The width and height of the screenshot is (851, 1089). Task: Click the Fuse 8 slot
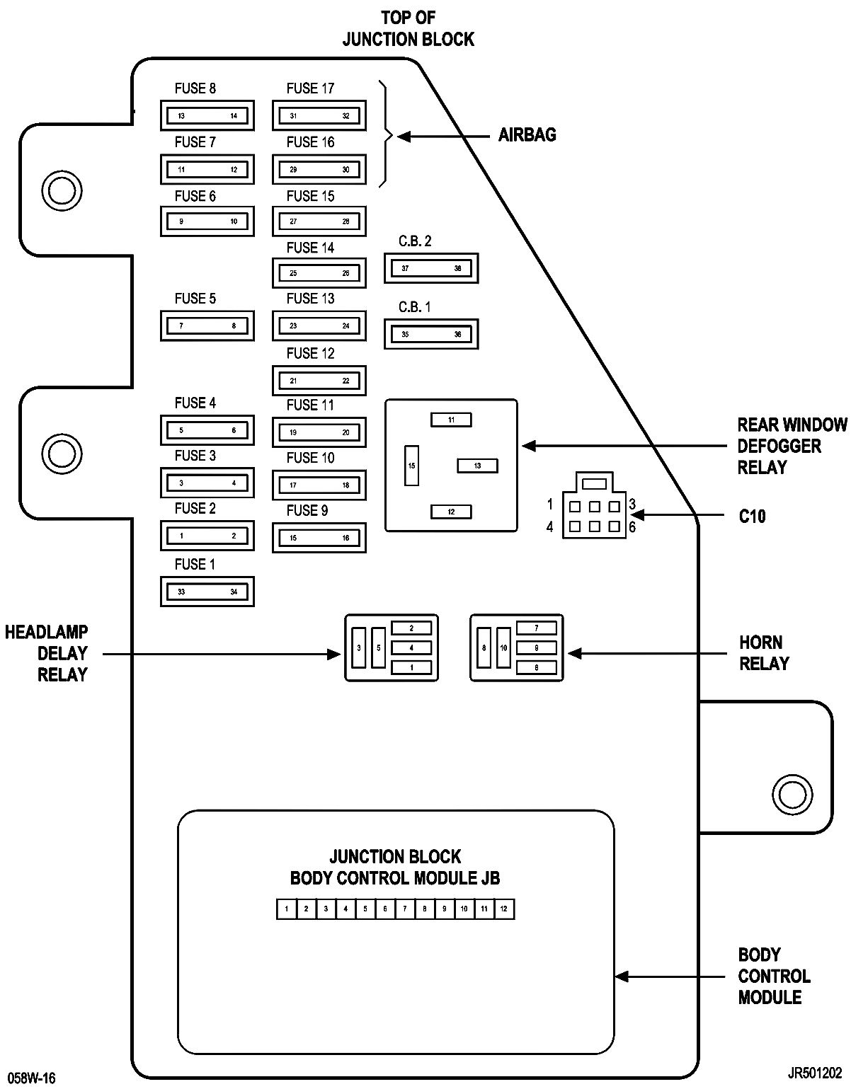coord(207,116)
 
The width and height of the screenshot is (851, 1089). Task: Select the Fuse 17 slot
coord(319,116)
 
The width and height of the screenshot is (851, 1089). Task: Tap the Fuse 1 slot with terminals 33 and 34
coord(207,592)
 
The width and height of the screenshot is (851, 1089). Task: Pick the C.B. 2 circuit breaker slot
coord(431,268)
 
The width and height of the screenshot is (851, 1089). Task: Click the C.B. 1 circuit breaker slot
coord(431,334)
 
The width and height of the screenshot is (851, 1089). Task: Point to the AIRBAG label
coord(527,135)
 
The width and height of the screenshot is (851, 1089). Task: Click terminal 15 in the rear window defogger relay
coord(411,466)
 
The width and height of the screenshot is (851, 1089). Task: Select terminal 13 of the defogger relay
coord(477,466)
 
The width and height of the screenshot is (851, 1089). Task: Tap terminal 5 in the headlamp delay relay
coord(378,647)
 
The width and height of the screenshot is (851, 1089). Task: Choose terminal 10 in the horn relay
coord(503,647)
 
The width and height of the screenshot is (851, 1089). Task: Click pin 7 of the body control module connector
coord(405,909)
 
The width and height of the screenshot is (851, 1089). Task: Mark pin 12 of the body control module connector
coord(504,909)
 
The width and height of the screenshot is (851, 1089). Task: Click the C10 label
coord(752,516)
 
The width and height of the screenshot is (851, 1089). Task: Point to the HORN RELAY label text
coord(764,653)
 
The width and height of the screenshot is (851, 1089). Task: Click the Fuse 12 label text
coord(310,353)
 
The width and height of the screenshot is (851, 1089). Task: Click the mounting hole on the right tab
coord(792,795)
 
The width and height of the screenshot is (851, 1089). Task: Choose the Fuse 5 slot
coord(207,325)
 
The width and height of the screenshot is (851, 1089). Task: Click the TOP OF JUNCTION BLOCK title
coord(408,28)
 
